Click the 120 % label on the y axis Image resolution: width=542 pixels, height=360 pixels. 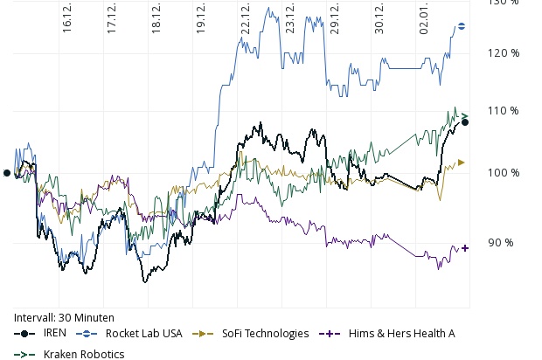(x=503, y=53)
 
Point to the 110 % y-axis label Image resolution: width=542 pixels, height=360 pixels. (x=503, y=111)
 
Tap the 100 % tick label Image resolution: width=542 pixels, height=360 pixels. (x=503, y=173)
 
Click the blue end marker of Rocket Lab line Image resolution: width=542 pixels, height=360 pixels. (x=462, y=26)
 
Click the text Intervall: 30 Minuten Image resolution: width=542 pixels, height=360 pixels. (x=65, y=317)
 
